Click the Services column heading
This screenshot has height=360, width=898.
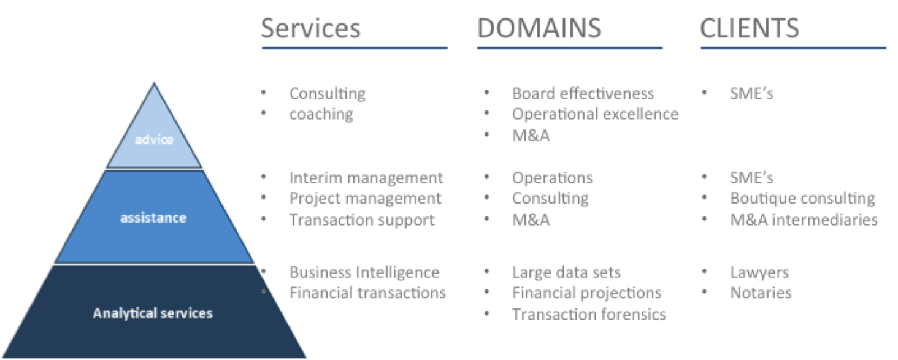pos(311,28)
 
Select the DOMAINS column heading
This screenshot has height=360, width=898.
pos(539,28)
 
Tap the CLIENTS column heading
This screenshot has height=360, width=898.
pos(750,28)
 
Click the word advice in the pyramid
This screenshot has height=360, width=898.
pos(154,139)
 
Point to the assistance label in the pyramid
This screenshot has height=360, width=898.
pos(153,218)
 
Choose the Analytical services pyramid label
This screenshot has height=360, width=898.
pos(153,313)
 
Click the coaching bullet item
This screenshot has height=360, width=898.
pos(321,114)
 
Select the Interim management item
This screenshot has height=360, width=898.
pos(366,178)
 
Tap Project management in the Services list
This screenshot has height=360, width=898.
pos(365,199)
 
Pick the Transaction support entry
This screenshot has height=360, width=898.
pos(362,220)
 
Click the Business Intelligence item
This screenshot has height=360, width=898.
pos(364,272)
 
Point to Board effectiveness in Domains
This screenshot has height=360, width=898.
pos(583,93)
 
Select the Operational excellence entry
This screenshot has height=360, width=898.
pos(596,114)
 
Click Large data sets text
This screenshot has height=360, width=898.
pos(566,272)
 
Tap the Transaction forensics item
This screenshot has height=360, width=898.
pos(589,315)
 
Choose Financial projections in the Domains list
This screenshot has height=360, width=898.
pos(586,293)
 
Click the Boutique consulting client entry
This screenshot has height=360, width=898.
pos(802,199)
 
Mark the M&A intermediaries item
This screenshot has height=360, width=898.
pos(804,220)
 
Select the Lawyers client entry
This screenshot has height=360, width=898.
pos(759,272)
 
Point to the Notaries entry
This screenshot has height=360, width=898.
pos(761,293)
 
